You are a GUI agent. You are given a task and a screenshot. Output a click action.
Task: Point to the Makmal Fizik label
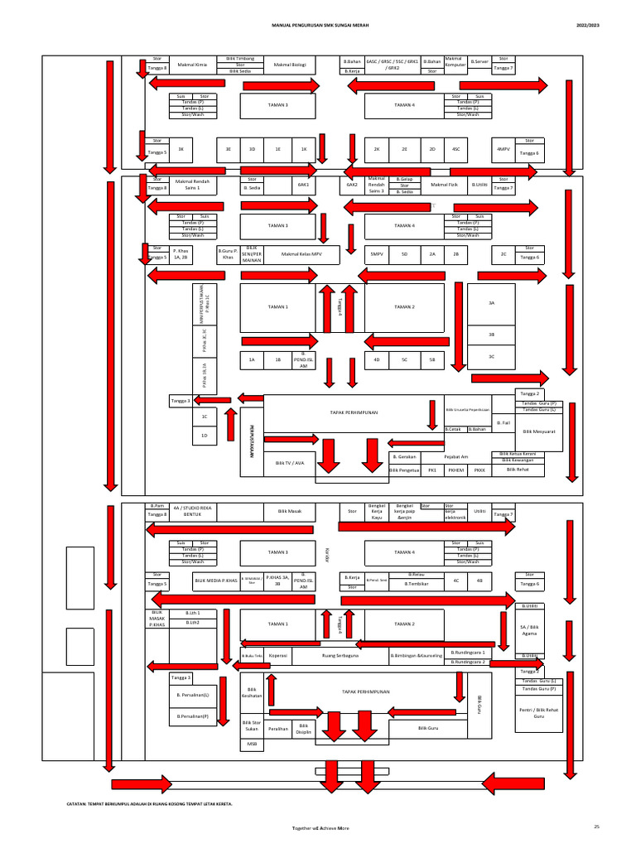point(444,185)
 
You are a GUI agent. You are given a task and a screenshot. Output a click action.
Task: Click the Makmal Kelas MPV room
point(301,254)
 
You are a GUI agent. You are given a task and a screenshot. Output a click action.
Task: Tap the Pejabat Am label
point(456,456)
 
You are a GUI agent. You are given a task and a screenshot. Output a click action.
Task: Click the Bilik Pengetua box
point(404,470)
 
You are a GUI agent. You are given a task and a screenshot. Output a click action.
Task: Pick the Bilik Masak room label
point(290,512)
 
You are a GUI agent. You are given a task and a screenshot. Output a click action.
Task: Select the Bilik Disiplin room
point(303,727)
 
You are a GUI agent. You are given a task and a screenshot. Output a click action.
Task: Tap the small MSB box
point(252,744)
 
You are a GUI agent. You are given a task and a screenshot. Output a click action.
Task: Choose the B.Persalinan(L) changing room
point(192,695)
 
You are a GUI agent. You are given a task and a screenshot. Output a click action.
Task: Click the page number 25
point(595,827)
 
